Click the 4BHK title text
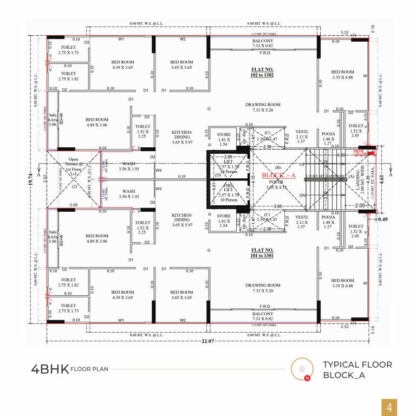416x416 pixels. [50, 369]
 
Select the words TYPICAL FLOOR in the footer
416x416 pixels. [357, 365]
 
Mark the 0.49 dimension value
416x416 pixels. [383, 219]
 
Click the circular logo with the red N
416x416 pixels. [299, 370]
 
